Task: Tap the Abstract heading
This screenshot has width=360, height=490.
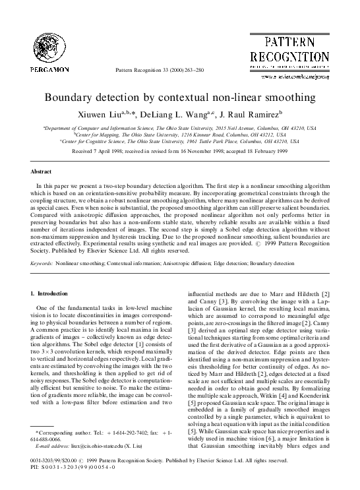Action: coord(43,171)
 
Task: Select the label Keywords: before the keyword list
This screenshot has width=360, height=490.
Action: coord(43,262)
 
